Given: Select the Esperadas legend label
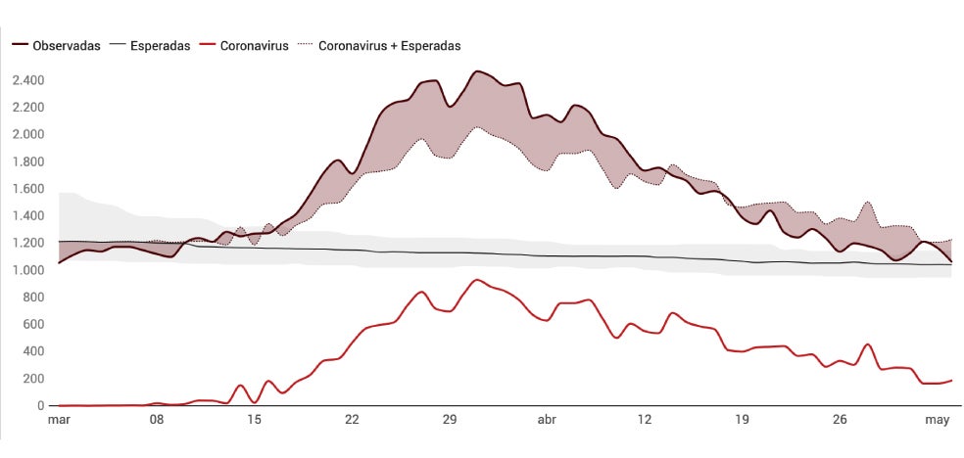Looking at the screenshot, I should [x=160, y=46].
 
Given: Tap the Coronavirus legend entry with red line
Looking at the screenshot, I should [x=254, y=46].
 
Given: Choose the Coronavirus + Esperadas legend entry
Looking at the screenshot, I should [x=389, y=46].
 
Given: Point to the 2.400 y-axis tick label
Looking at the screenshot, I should [x=28, y=80].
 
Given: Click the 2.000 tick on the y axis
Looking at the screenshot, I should [x=28, y=134].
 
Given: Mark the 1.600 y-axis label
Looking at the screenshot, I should [x=28, y=189].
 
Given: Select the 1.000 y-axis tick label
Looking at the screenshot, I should [x=28, y=270].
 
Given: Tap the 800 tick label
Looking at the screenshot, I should [x=34, y=298].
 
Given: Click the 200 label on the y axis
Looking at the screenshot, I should [x=34, y=379].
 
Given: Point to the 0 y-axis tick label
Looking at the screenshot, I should [x=41, y=406].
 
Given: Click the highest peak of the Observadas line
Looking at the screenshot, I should [x=477, y=71].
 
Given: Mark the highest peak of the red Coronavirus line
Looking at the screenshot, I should [x=477, y=280].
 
